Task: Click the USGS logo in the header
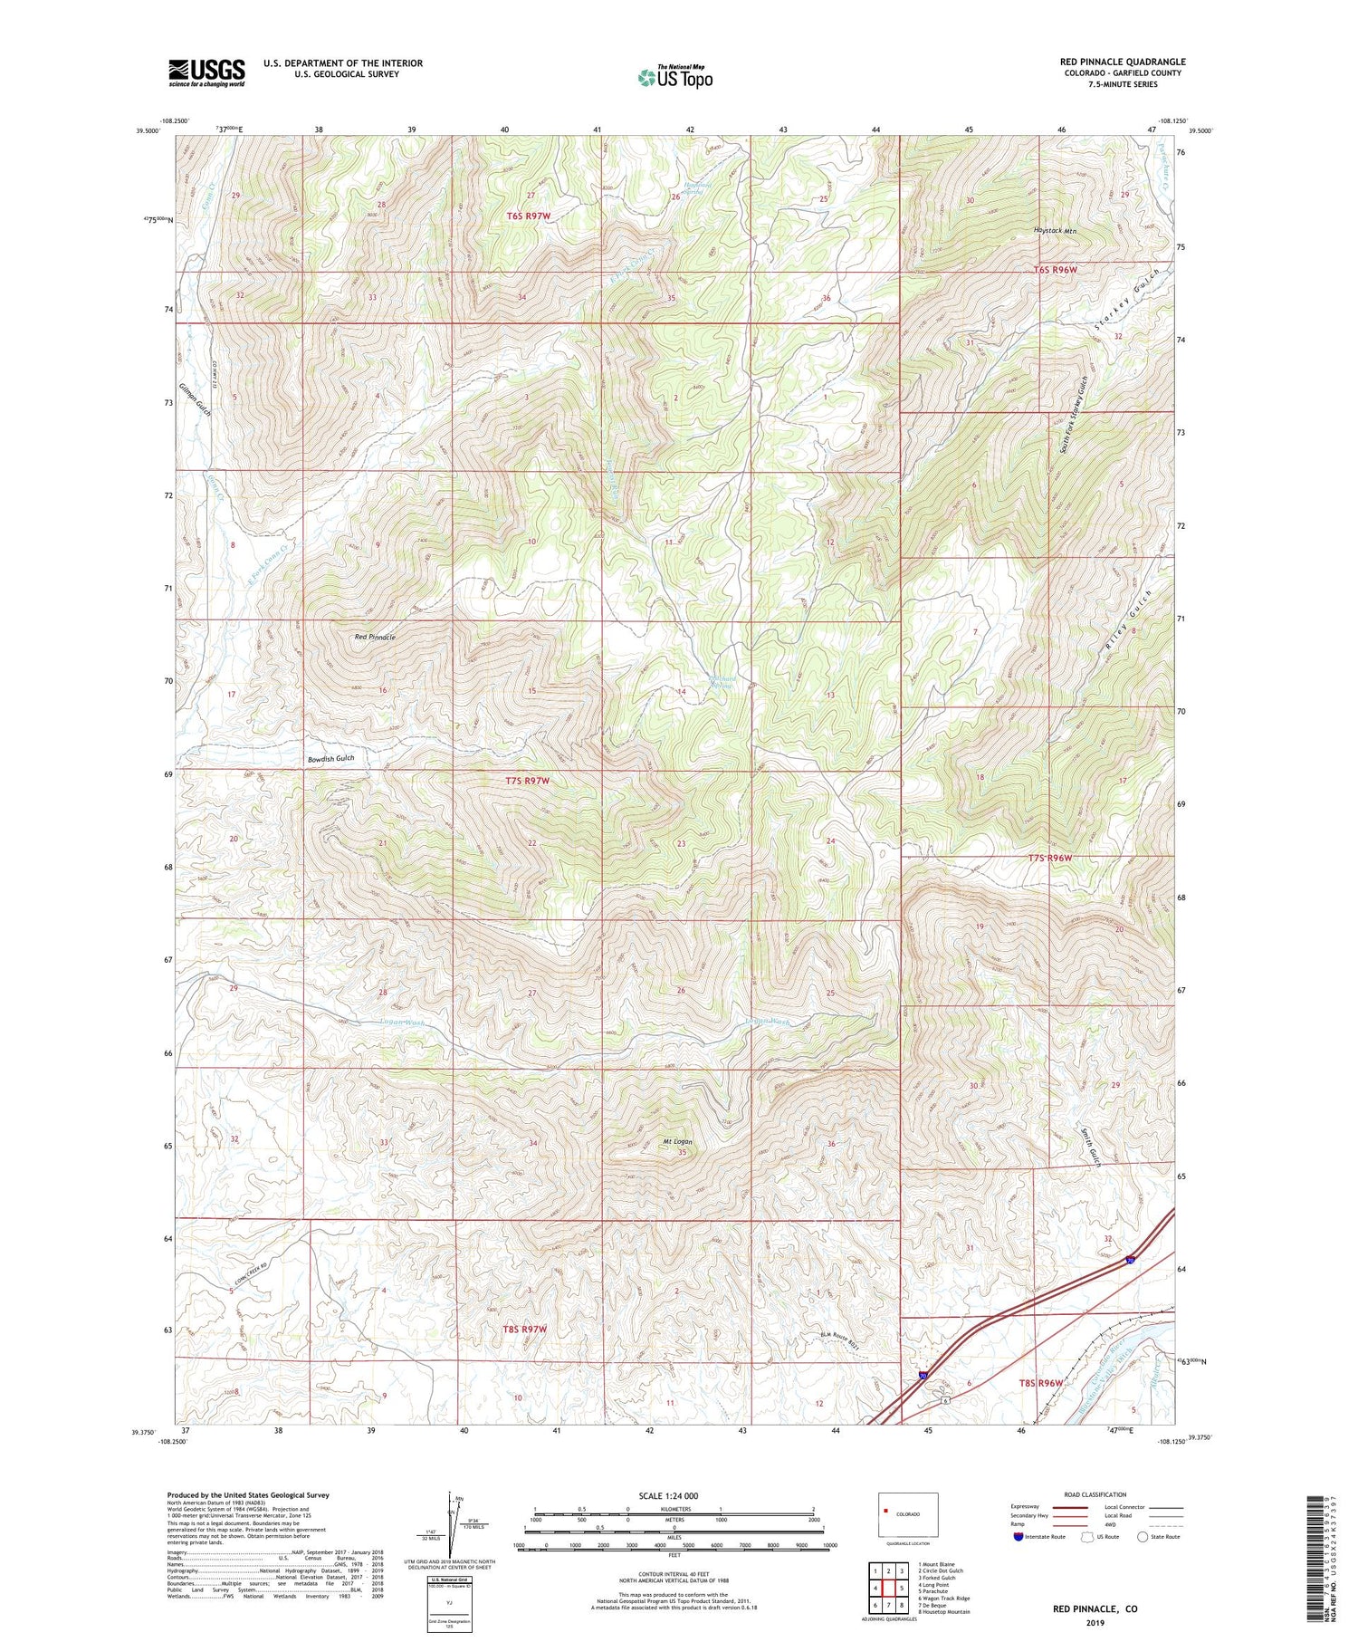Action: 206,72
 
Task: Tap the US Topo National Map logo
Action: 674,77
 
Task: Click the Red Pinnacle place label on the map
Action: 374,638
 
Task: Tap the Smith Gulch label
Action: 1090,1146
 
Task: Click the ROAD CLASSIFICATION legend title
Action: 1095,1494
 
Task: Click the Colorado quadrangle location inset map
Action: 908,1514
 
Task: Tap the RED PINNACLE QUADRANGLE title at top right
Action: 1123,62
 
